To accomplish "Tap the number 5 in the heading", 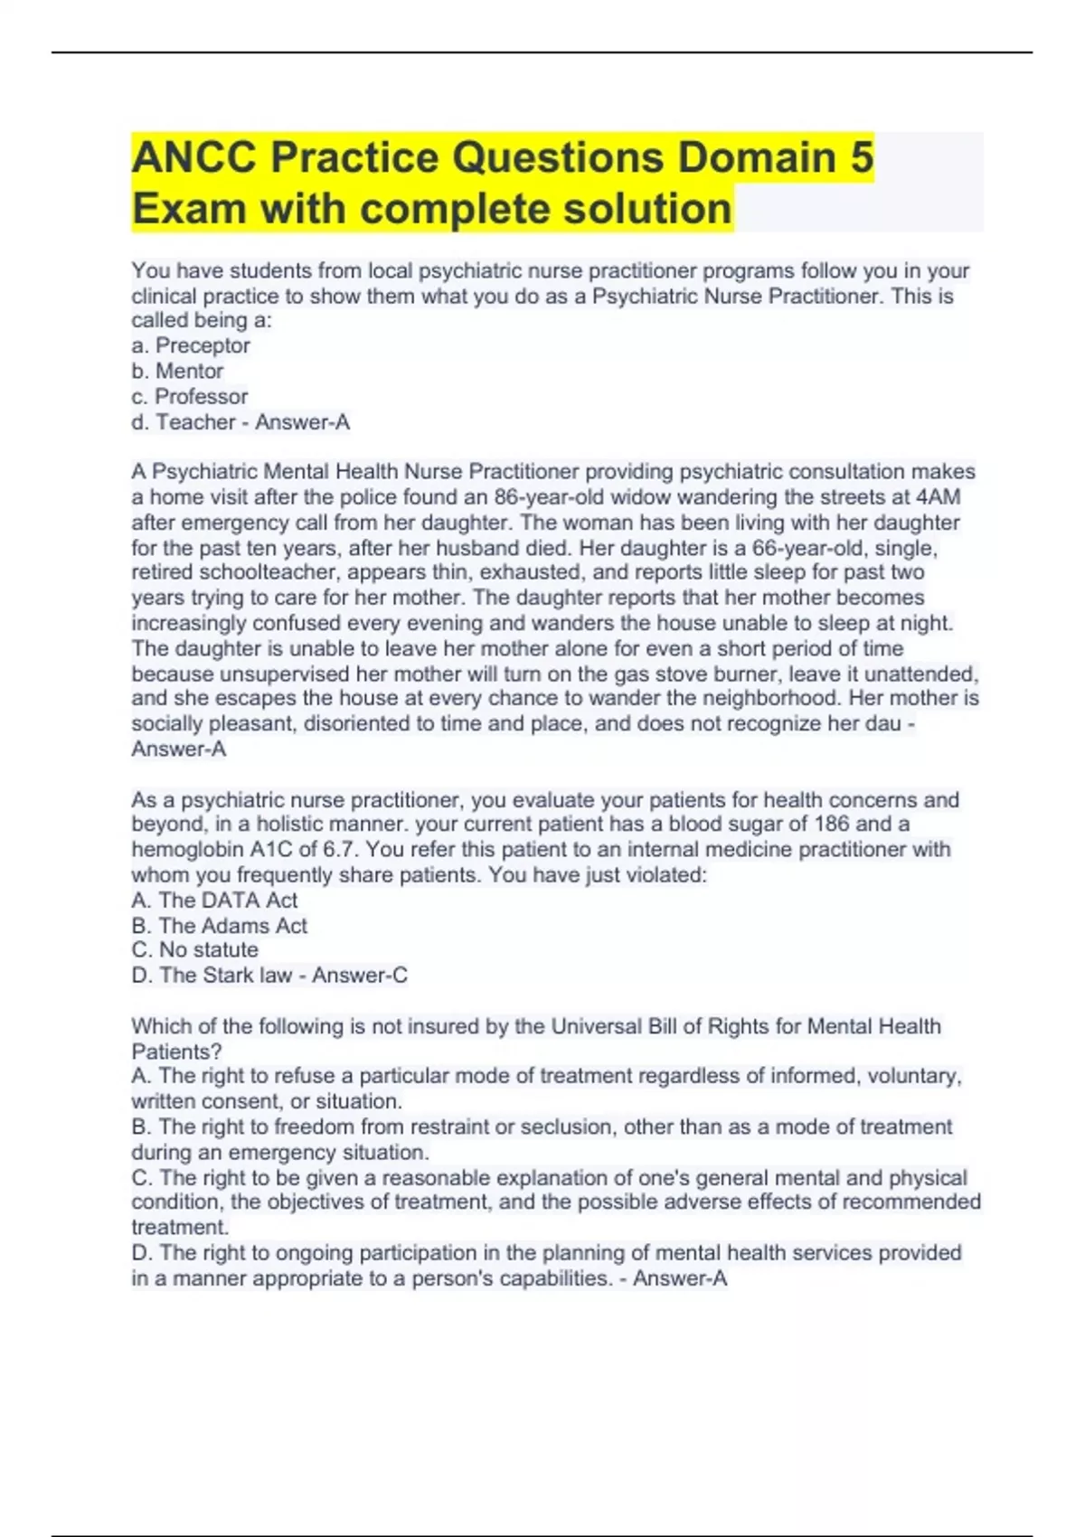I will [x=862, y=157].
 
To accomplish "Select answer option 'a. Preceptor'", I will [x=191, y=345].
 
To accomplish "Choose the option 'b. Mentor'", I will [x=177, y=371].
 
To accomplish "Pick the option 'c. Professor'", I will [x=189, y=396].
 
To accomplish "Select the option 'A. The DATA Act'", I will [x=214, y=900].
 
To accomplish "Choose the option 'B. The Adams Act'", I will [x=220, y=925].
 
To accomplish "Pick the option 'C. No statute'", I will [x=194, y=949].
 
